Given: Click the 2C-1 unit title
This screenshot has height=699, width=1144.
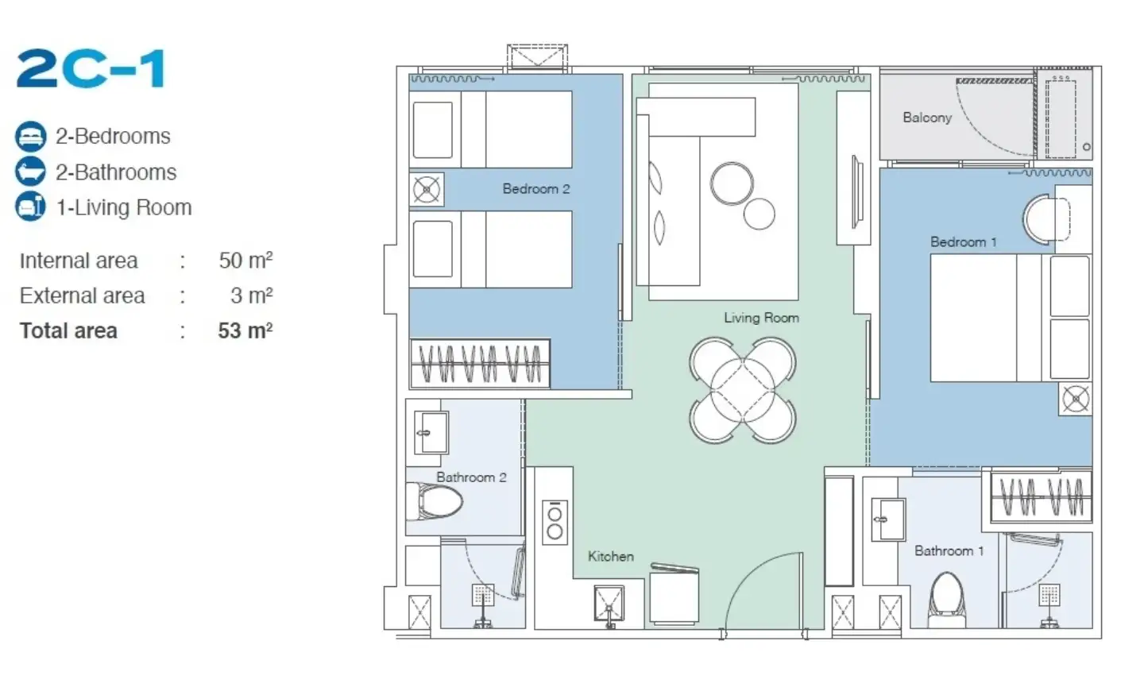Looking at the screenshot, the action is click(x=91, y=68).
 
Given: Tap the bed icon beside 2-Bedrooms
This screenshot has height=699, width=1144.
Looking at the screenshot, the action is click(x=31, y=137).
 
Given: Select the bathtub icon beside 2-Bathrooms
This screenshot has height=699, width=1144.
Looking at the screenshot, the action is click(x=31, y=172).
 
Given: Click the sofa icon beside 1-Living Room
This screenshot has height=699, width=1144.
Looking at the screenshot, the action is click(x=31, y=207).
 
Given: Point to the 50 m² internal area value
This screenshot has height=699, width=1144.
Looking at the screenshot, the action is click(x=245, y=261).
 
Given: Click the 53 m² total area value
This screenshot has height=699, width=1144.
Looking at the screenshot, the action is click(x=245, y=331).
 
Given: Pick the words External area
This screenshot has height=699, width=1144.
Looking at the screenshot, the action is click(x=83, y=295).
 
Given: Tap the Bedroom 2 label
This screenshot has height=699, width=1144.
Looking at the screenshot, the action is click(x=535, y=189).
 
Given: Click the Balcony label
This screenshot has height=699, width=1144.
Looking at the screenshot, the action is click(x=927, y=118).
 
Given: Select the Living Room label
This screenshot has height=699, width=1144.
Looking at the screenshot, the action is click(x=761, y=318).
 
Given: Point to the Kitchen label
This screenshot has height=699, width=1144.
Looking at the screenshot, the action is click(x=611, y=556).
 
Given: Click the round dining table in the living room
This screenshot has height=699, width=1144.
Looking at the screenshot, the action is click(x=742, y=390).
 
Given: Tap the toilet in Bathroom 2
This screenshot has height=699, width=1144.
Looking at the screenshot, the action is click(x=435, y=501).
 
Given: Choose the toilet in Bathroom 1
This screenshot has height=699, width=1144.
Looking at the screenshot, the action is click(x=947, y=600).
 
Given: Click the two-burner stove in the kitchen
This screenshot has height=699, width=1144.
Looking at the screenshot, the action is click(x=555, y=523).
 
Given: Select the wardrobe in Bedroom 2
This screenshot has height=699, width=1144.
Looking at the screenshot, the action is click(x=480, y=364).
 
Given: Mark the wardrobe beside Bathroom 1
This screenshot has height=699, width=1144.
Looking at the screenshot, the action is click(x=1041, y=496).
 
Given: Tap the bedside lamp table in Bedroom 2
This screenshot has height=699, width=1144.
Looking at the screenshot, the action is click(x=427, y=189).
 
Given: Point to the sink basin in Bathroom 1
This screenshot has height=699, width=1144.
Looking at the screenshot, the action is click(x=887, y=519).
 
